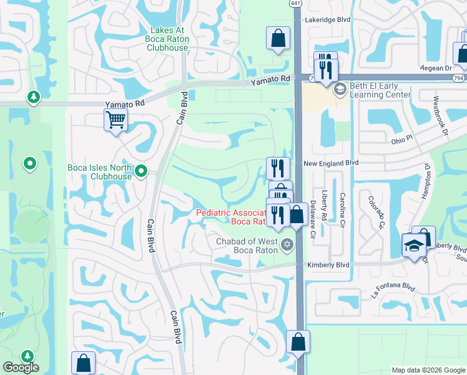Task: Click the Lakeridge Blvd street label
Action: pos(327,20)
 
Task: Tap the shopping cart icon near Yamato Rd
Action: pos(116,119)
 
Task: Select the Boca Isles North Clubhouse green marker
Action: pos(141,170)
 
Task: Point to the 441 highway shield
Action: pos(295,4)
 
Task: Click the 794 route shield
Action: pos(459,78)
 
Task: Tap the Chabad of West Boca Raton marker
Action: pos(287,243)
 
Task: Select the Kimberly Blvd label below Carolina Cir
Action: pos(328,266)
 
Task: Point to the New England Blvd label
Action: pos(331,162)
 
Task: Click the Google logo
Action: pos(21,368)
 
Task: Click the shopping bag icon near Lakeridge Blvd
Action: pos(278,37)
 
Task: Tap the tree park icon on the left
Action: pos(32,97)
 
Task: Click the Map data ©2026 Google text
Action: pos(427,370)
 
